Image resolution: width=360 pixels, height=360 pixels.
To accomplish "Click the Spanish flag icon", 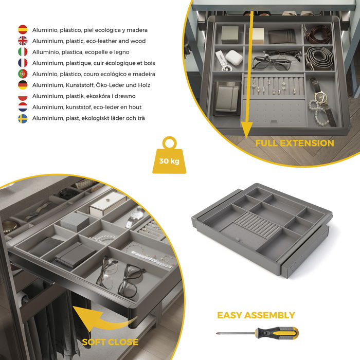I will point(23,30).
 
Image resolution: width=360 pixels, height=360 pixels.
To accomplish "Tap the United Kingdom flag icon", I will point(23,41).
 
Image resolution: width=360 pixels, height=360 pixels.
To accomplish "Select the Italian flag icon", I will point(23,52).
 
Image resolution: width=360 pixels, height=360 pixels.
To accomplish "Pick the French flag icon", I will point(23,63).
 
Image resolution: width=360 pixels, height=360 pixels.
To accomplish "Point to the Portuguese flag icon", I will point(23,74).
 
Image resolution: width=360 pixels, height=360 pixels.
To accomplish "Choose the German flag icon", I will point(23,85).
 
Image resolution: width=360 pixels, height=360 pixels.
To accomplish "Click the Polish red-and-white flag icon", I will point(23,96).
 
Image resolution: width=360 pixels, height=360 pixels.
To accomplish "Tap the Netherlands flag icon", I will point(23,107).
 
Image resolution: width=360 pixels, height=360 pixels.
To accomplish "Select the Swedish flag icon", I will point(23,118).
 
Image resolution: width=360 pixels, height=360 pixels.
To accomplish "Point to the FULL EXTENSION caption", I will point(295,143).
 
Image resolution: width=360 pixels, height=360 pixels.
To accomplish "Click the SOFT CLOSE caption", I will point(110,341).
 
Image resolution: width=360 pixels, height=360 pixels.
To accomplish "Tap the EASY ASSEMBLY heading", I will point(256,315).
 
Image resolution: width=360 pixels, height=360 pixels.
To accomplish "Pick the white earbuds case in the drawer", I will point(234,58).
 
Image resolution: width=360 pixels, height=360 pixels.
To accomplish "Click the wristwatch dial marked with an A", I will point(321,96).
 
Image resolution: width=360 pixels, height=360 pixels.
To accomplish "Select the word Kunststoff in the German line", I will point(71,85).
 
